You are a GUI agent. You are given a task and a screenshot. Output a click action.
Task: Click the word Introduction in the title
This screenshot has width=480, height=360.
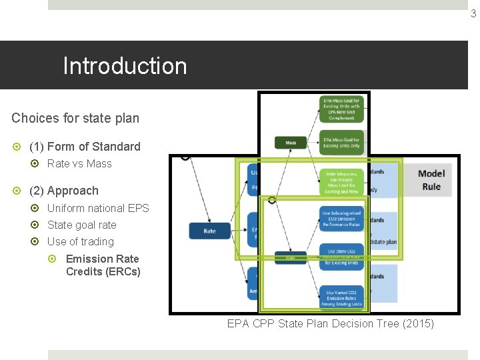(x=125, y=66)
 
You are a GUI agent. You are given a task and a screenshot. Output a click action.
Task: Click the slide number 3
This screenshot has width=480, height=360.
(x=473, y=13)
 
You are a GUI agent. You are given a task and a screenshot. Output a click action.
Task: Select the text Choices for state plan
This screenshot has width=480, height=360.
(x=75, y=118)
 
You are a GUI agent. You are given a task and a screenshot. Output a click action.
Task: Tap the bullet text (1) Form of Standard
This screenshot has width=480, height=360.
(x=85, y=147)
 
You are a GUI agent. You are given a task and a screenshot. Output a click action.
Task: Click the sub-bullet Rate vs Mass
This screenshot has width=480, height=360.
(x=79, y=164)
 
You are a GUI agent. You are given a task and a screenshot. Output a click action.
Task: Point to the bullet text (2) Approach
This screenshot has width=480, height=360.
(x=63, y=191)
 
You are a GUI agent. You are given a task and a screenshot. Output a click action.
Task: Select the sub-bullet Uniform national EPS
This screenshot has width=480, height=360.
(x=98, y=208)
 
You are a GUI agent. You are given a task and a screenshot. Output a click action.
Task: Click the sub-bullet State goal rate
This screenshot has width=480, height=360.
(x=81, y=225)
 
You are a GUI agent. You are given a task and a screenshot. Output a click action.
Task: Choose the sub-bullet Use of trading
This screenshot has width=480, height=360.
(x=80, y=242)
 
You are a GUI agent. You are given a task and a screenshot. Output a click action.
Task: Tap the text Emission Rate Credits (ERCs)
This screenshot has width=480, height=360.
(x=103, y=265)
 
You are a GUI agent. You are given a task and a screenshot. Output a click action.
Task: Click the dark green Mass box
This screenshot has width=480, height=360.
(x=291, y=142)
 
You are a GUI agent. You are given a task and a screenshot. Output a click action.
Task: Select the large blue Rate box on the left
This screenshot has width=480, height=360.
(x=209, y=231)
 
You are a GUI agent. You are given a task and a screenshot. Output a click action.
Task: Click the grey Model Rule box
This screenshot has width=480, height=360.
(x=431, y=180)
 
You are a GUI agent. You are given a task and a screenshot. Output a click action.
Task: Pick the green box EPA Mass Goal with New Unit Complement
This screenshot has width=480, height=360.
(x=341, y=109)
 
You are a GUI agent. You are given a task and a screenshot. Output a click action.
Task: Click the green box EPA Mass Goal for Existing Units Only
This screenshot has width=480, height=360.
(x=341, y=142)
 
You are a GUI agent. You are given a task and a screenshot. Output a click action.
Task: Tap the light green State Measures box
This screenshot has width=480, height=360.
(x=341, y=181)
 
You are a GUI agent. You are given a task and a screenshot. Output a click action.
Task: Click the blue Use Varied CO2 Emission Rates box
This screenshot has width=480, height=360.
(x=341, y=296)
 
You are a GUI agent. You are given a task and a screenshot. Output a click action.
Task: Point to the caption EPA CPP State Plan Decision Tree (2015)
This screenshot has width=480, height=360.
(x=330, y=324)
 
